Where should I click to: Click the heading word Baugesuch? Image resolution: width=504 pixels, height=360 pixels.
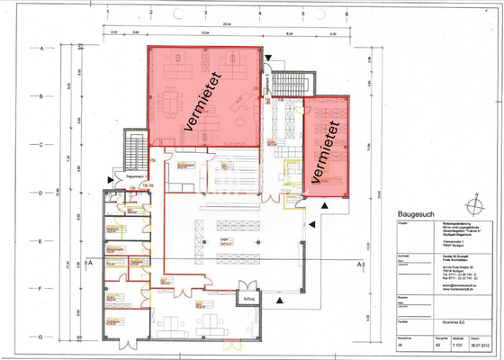click(x=417, y=213)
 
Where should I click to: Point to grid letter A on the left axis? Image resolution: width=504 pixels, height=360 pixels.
click(x=42, y=46)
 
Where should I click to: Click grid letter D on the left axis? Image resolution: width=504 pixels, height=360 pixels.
click(x=42, y=193)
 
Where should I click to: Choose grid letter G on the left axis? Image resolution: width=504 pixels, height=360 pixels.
click(x=42, y=336)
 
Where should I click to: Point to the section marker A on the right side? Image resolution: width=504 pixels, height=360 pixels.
click(x=359, y=265)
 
